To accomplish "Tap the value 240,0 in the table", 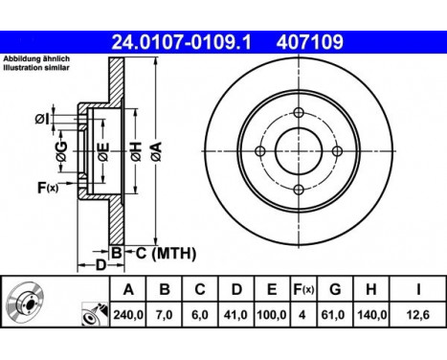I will tap(127, 312).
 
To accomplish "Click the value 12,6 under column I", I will tap(420, 312).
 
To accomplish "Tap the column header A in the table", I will tap(127, 288).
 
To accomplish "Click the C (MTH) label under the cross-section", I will tap(164, 253).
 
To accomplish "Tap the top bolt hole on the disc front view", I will tap(298, 113).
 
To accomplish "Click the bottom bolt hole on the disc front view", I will tap(298, 190).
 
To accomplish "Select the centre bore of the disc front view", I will tap(298, 151).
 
